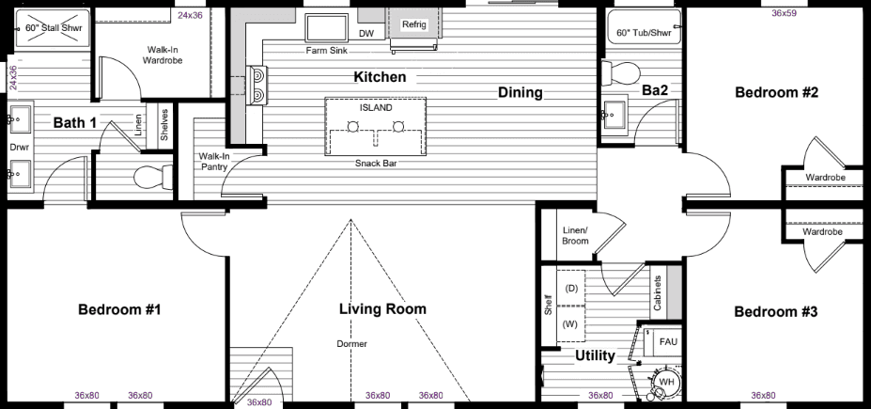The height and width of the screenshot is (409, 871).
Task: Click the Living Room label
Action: click(382, 308)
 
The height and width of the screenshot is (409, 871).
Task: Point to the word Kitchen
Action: click(380, 76)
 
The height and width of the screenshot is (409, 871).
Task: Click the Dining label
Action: click(521, 92)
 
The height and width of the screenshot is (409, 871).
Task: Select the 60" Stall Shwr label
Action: click(52, 28)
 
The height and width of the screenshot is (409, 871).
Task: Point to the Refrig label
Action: click(413, 24)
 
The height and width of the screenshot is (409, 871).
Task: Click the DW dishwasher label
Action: click(366, 34)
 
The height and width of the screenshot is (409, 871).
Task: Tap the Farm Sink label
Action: click(326, 51)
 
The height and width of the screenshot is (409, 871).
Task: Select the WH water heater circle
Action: click(667, 382)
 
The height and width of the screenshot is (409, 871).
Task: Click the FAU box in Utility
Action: click(668, 341)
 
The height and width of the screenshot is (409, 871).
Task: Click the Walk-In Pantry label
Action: click(214, 162)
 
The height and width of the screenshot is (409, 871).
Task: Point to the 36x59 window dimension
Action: click(784, 13)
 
